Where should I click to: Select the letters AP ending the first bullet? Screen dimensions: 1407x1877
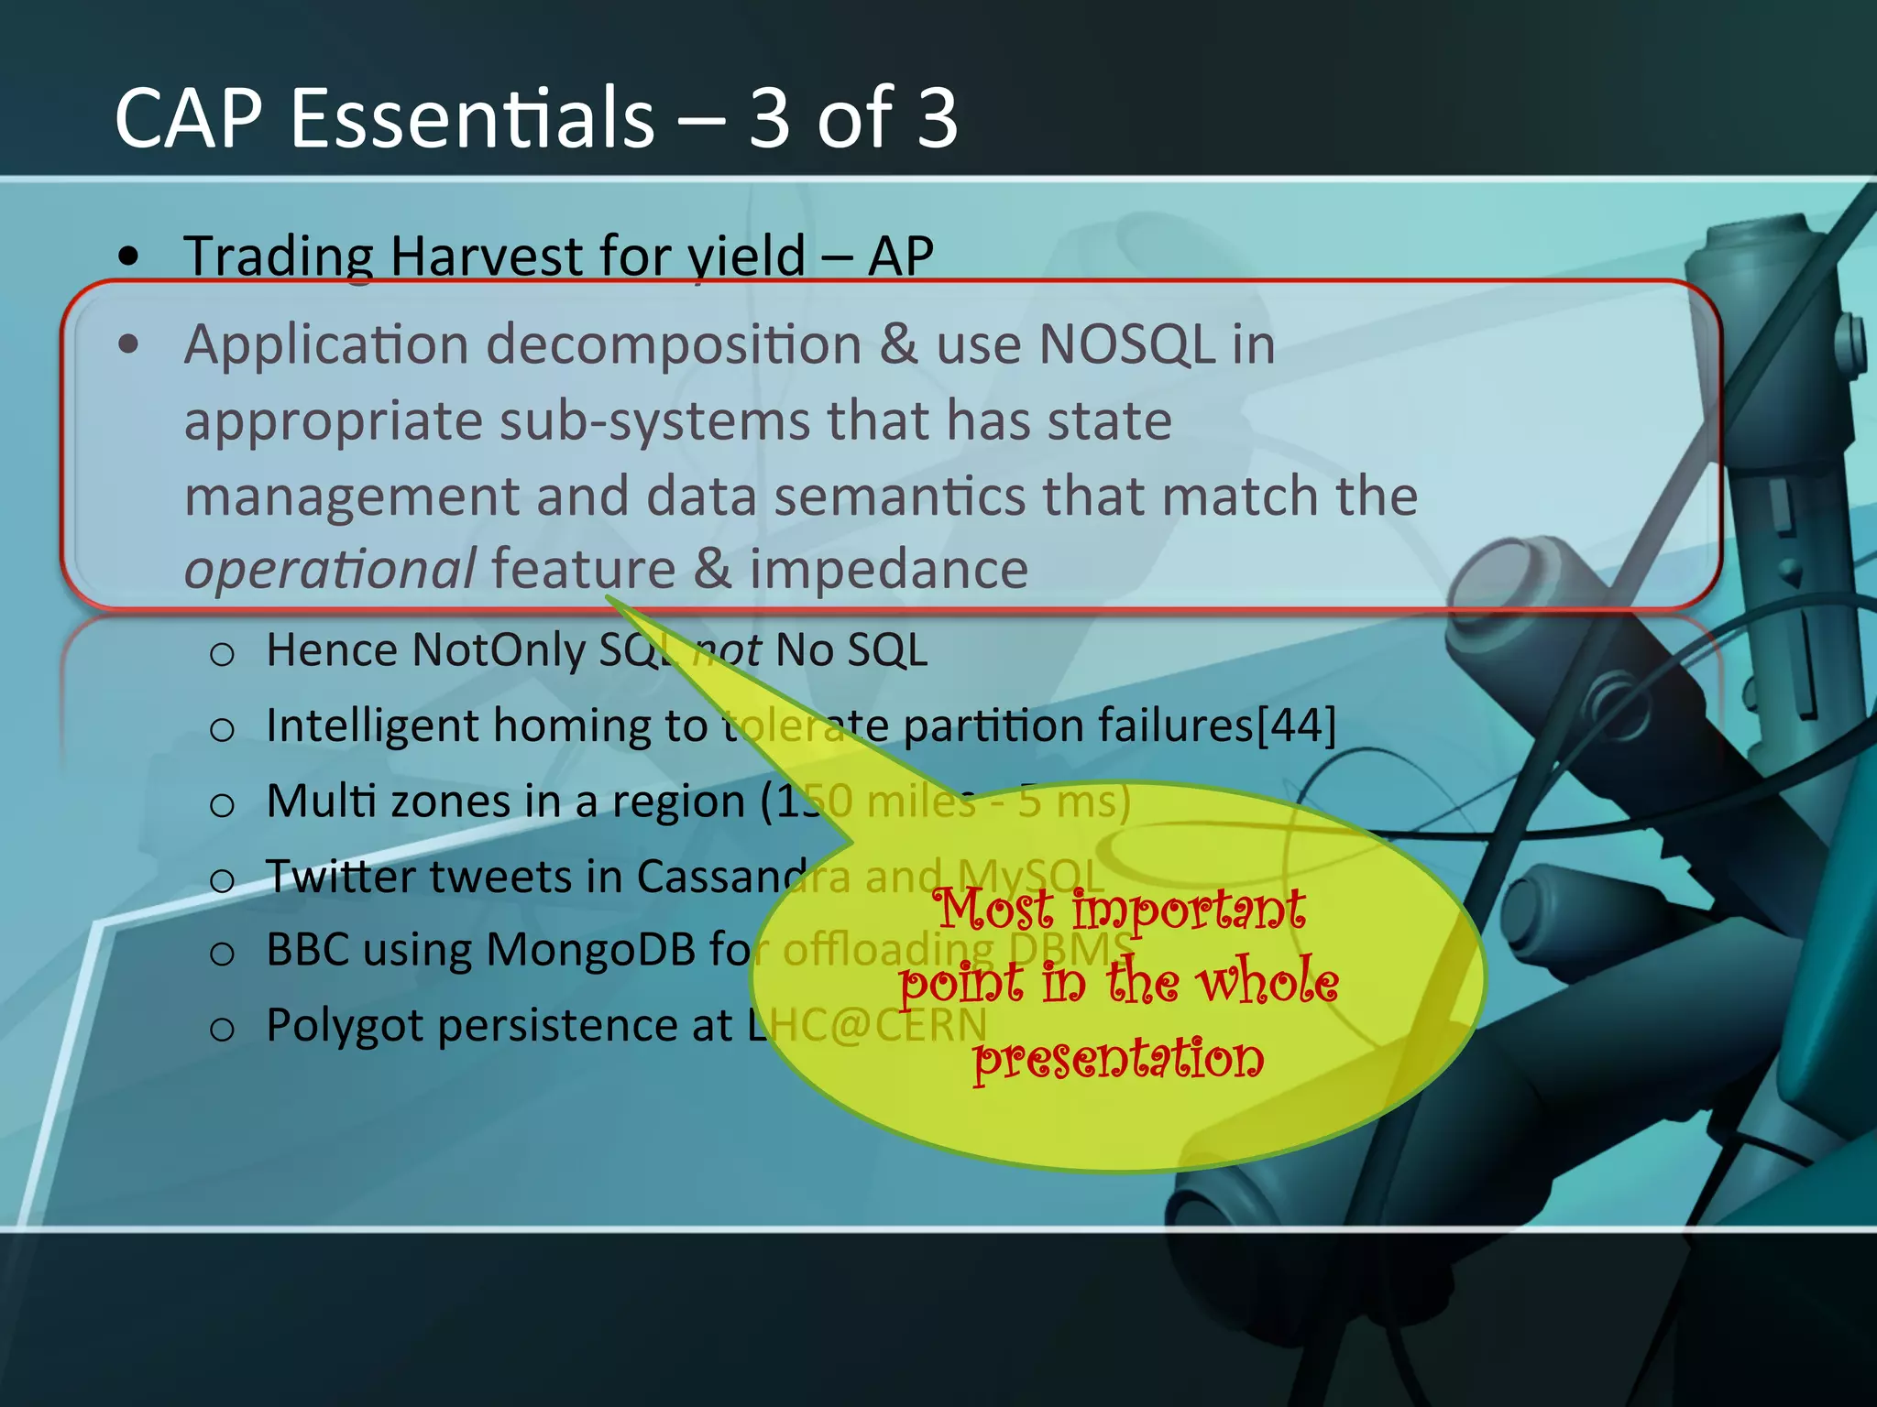tap(900, 256)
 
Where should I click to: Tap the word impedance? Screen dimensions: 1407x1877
tap(889, 570)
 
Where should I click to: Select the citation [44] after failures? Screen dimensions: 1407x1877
tap(1296, 725)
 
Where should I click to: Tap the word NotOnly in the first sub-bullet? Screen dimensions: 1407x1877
tap(499, 650)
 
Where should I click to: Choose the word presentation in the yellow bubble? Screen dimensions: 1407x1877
tap(1118, 1058)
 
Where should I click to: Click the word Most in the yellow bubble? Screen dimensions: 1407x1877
tap(993, 910)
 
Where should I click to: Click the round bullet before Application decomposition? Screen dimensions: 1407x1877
tap(129, 345)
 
